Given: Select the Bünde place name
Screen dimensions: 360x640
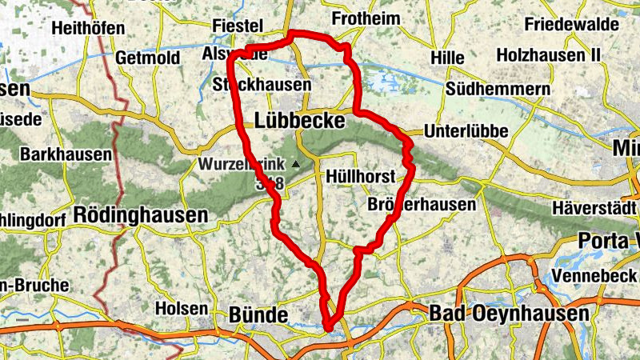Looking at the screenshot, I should (258, 313).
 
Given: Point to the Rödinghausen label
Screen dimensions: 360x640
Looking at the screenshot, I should (140, 214).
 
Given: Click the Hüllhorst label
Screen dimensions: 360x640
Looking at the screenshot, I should (358, 176).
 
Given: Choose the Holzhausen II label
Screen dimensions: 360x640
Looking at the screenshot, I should (548, 55).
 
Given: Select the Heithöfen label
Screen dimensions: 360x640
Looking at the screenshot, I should (88, 28).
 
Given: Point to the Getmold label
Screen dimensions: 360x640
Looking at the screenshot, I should (150, 58).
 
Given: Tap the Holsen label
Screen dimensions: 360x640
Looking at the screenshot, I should (181, 308).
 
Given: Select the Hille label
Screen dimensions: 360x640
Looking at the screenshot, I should (446, 58).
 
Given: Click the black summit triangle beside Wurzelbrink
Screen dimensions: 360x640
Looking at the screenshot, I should (296, 164).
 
